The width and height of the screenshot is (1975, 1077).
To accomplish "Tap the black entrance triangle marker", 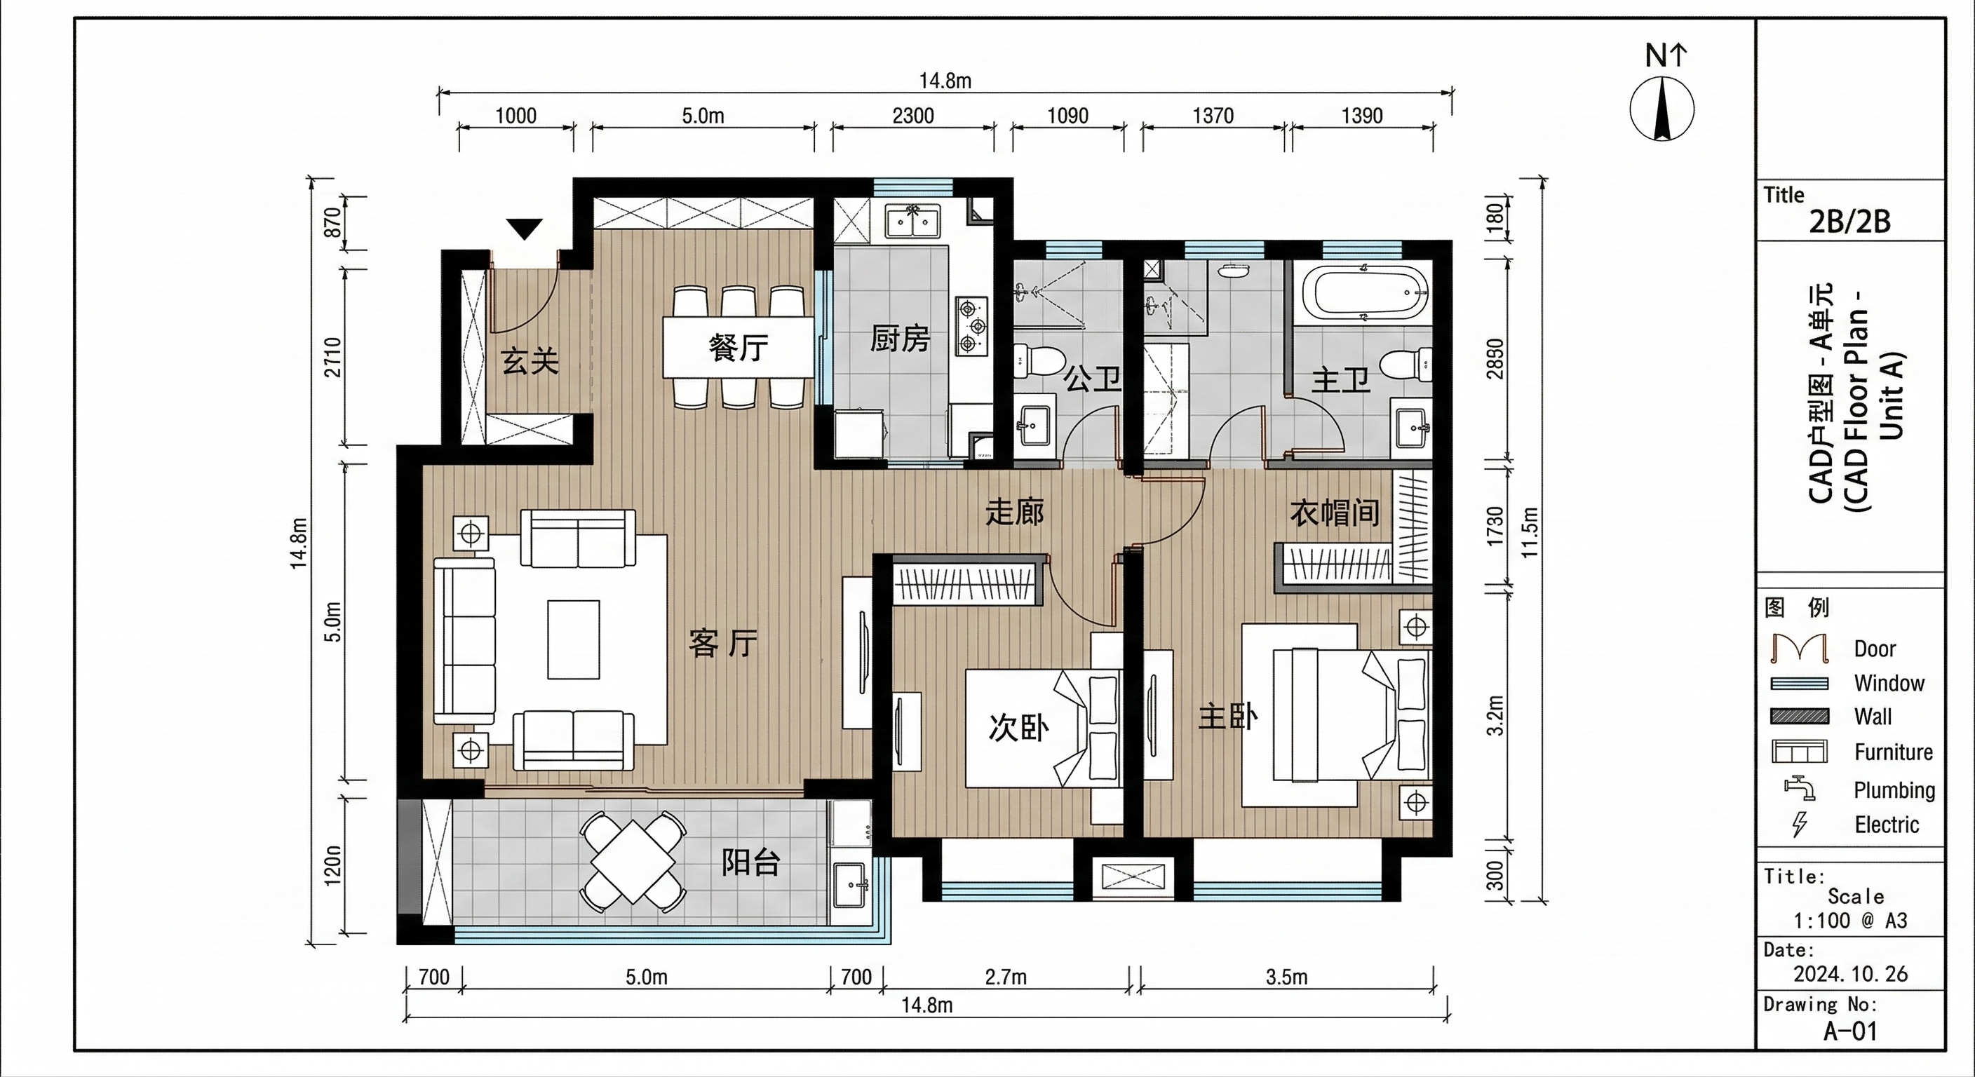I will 525,229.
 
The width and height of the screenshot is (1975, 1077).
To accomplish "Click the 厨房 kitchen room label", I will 899,339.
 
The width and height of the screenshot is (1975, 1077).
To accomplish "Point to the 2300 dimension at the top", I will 912,116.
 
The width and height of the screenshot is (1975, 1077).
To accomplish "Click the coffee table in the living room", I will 573,639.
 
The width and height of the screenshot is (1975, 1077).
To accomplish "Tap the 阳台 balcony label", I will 750,862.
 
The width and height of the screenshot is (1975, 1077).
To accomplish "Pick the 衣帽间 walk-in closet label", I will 1334,513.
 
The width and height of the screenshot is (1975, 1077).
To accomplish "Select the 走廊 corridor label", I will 1013,512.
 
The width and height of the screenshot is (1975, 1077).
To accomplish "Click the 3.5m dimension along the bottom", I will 1286,977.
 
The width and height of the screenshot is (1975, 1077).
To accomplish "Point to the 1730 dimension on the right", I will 1495,526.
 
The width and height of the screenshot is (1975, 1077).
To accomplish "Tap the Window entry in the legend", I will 1888,683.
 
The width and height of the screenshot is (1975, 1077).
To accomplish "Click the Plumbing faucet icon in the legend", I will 1800,788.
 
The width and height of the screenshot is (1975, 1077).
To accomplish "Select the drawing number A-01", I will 1850,1031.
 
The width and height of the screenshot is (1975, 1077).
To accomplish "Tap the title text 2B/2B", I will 1849,222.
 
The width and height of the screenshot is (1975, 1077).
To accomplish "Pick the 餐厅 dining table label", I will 738,347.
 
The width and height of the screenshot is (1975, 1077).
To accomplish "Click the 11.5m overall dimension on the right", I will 1530,532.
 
